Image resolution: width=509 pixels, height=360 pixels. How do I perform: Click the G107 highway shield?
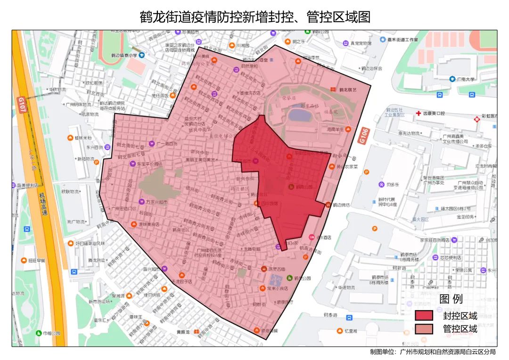(x=21, y=105)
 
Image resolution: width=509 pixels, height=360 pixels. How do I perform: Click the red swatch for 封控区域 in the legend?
(x=424, y=315)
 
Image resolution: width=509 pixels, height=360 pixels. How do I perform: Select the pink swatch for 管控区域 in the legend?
(x=424, y=329)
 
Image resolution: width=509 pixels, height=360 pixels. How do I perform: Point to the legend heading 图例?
(x=451, y=299)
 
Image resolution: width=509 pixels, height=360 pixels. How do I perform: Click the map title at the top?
(x=255, y=17)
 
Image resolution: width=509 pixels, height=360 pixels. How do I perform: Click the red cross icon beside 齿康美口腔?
(x=418, y=114)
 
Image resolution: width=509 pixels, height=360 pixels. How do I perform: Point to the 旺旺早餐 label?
(x=36, y=260)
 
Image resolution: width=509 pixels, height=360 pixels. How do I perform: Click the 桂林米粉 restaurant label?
(x=83, y=138)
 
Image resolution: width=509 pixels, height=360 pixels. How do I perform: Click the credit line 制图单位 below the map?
(x=433, y=352)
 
